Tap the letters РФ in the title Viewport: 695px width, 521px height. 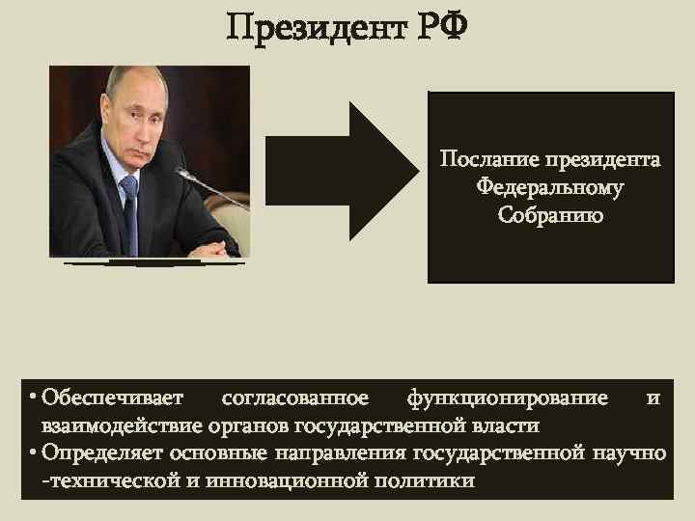pyautogui.click(x=440, y=28)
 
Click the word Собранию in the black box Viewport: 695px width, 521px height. pyautogui.click(x=550, y=215)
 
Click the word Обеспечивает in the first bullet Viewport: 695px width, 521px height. pyautogui.click(x=106, y=398)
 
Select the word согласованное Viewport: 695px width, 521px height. pyautogui.click(x=294, y=398)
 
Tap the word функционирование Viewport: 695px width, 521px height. pyautogui.click(x=508, y=398)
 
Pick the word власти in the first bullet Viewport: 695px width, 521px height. pyautogui.click(x=510, y=425)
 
